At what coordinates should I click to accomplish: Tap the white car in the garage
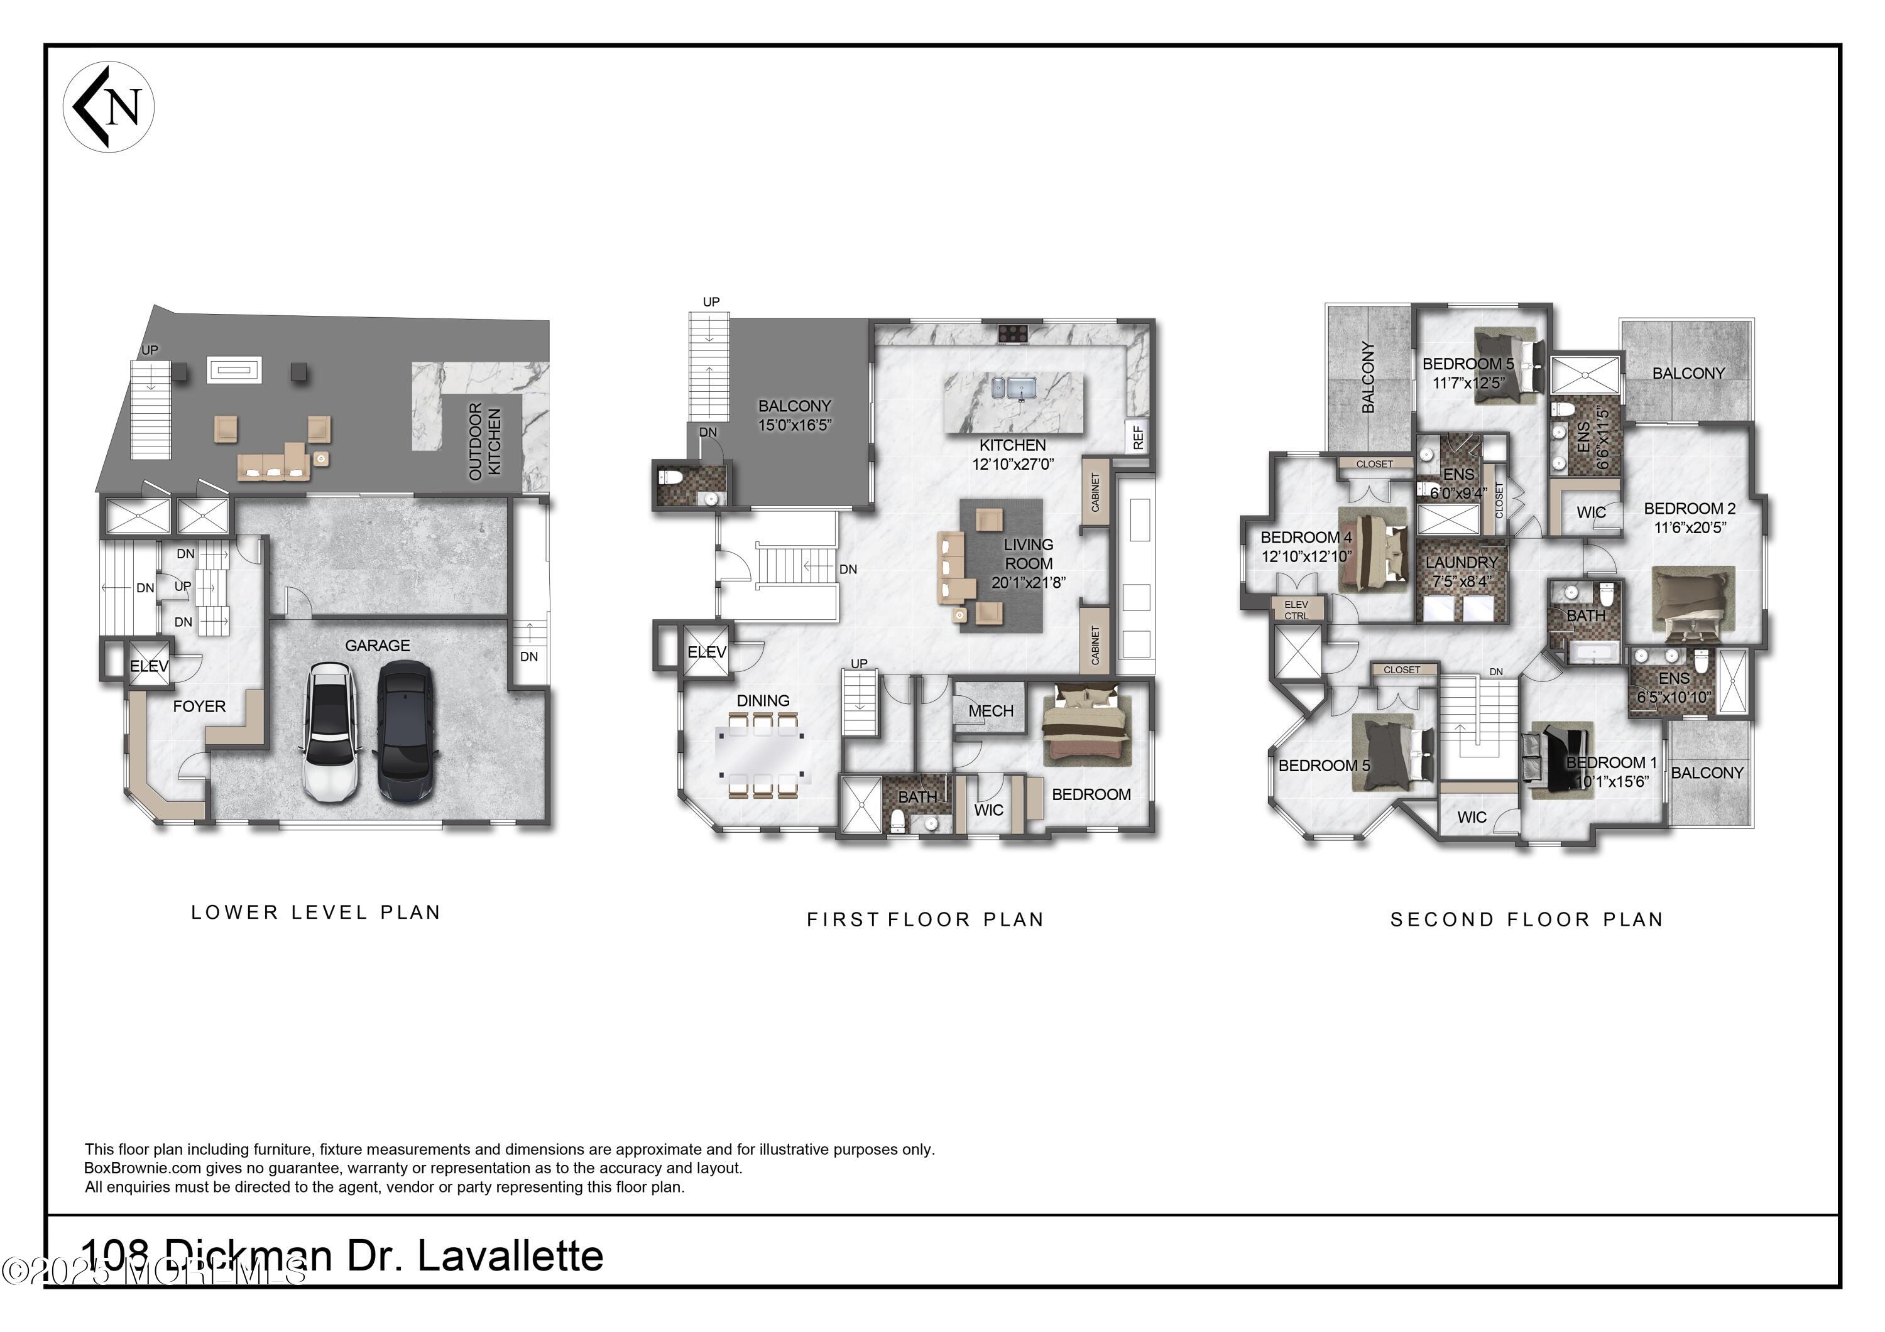click(x=330, y=732)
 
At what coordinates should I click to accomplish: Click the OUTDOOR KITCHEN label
click(x=484, y=441)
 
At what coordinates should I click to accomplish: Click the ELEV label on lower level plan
click(x=148, y=666)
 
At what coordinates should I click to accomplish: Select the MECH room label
click(x=990, y=711)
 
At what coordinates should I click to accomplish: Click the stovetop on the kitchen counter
click(x=1013, y=333)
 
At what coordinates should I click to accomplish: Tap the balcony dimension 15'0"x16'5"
click(x=794, y=425)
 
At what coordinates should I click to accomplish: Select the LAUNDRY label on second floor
click(x=1462, y=562)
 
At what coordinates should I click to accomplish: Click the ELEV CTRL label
click(x=1296, y=610)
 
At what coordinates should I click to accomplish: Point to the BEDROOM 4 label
click(x=1306, y=538)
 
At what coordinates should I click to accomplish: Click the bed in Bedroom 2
click(x=1690, y=605)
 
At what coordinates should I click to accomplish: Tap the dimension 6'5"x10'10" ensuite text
click(x=1674, y=698)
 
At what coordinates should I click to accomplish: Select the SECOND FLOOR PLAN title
click(x=1526, y=919)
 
